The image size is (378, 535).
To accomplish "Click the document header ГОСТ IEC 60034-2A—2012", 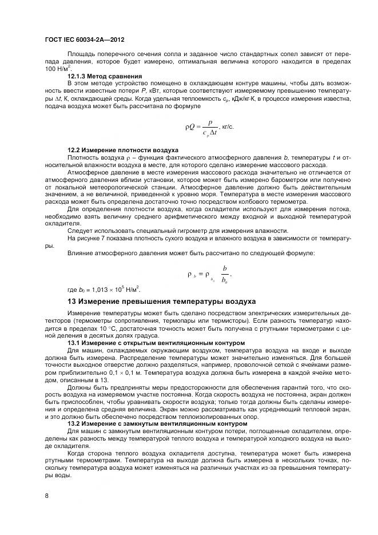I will [x=84, y=40].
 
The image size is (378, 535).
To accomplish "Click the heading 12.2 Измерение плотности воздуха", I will [x=123, y=150].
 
